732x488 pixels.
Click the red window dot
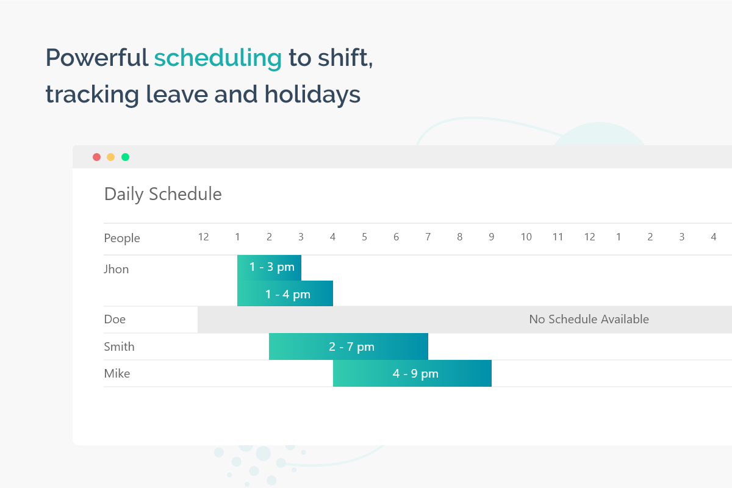[97, 157]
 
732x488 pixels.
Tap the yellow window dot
[111, 157]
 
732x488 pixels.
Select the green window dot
[125, 157]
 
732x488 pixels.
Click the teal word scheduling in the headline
[218, 58]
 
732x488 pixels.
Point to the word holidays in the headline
[312, 95]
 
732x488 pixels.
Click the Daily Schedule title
[163, 194]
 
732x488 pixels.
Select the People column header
[122, 238]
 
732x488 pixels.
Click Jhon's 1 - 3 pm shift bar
[269, 268]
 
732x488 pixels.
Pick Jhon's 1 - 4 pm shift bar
[285, 293]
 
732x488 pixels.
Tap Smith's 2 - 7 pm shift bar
[348, 346]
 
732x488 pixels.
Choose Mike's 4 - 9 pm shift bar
[412, 373]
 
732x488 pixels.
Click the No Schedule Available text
[589, 319]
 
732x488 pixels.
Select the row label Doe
[115, 320]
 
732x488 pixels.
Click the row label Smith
[119, 346]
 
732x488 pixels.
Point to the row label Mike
[117, 373]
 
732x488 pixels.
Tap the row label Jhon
[116, 270]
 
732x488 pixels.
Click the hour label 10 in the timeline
[526, 237]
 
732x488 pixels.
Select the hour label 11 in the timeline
[558, 237]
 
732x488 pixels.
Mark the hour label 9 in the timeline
[491, 237]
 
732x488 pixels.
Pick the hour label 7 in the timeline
[428, 237]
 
